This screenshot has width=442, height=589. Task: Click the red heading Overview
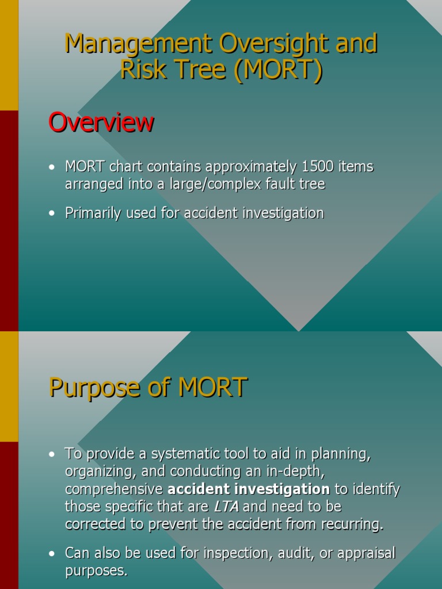[x=101, y=122]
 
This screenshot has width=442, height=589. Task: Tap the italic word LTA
[x=226, y=507]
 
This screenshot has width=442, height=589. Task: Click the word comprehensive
[x=114, y=489]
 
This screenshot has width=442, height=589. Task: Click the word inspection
[x=236, y=553]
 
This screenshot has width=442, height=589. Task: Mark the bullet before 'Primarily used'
[x=52, y=213]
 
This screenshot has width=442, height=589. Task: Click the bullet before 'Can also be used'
[x=52, y=553]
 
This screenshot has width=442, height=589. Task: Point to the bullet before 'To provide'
[x=52, y=454]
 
